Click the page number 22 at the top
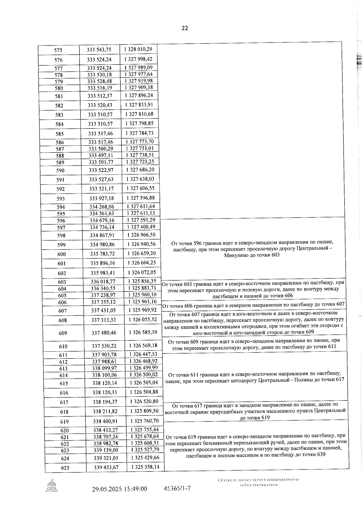point(185,28)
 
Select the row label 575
point(58,50)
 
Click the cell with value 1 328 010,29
point(138,49)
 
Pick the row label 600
point(62,254)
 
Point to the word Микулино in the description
point(237,255)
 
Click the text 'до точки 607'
point(331,304)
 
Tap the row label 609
point(63,333)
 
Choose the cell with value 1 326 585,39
point(143,333)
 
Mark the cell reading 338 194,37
point(105,402)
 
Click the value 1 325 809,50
point(144,411)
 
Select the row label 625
point(65,468)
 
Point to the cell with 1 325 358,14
point(145,467)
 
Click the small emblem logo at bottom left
point(52,486)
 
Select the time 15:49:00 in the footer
point(135,489)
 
